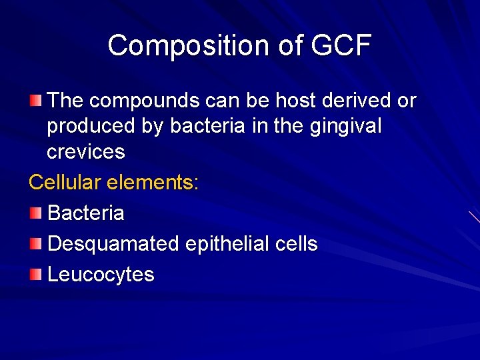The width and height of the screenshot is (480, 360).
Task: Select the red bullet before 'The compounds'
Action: point(36,101)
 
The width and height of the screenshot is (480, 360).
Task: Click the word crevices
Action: point(86,151)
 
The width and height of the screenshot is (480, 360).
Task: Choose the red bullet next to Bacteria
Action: point(36,213)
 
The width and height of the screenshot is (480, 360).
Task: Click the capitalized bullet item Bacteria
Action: point(86,213)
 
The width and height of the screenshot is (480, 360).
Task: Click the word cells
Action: point(297,244)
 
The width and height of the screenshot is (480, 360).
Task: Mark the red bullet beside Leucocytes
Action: point(36,275)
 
